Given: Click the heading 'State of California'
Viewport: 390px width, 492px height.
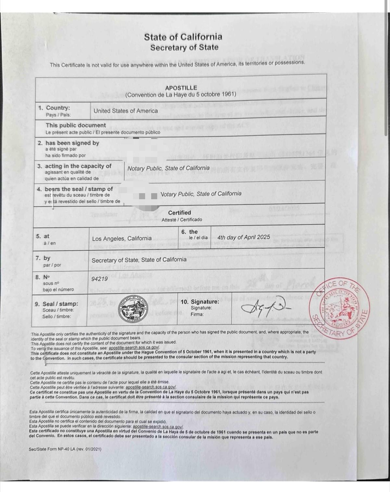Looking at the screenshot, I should tap(183, 37).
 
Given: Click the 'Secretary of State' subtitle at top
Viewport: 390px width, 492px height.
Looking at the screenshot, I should tap(184, 47).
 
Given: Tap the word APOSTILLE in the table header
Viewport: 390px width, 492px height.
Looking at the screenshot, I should tap(181, 88).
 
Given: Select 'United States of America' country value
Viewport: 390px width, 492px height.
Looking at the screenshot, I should tap(126, 111).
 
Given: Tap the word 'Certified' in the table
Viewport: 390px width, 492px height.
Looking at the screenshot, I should tap(179, 213).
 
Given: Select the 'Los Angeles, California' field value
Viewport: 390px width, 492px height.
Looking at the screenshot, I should tap(122, 239).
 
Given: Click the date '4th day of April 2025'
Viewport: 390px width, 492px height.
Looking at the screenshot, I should tap(243, 237).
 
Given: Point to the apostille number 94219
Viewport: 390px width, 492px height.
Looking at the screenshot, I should tap(99, 279).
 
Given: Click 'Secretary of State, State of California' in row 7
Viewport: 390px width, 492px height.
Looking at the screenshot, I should tap(139, 260).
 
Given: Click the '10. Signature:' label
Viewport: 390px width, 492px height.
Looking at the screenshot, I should tap(204, 302).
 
